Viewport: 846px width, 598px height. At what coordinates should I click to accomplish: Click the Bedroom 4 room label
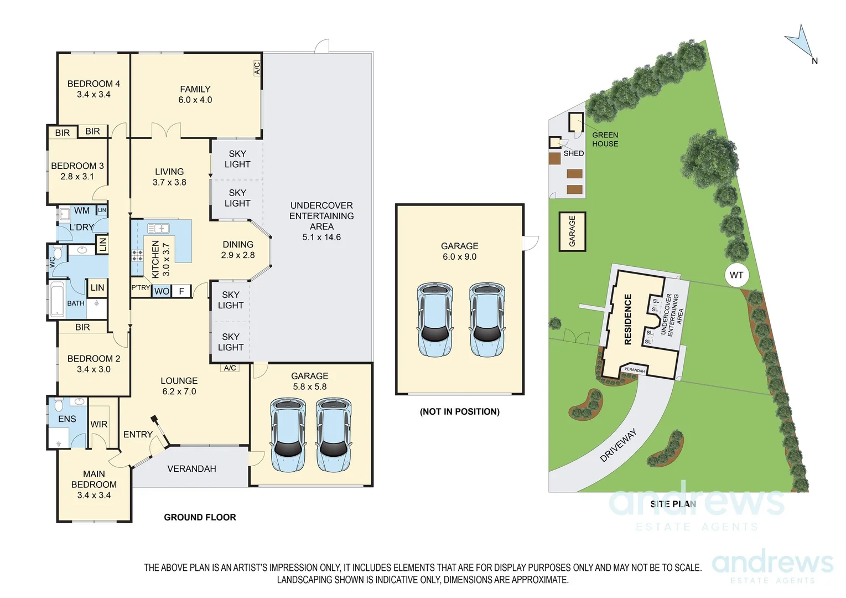[x=94, y=84]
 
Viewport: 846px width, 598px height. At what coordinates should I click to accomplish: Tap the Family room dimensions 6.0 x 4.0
[x=195, y=100]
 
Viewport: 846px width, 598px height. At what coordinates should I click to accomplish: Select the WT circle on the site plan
[x=736, y=275]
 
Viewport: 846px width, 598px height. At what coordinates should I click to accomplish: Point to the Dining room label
[x=238, y=244]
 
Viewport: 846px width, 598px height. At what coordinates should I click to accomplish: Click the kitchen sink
[x=158, y=228]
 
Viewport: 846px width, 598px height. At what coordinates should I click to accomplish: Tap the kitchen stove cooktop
[x=137, y=255]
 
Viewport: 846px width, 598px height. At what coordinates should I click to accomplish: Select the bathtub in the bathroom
[x=57, y=299]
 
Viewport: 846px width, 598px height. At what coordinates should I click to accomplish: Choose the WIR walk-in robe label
[x=99, y=424]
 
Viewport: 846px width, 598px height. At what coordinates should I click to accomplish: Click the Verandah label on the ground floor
[x=191, y=468]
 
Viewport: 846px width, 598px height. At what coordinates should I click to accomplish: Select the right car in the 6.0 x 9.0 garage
[x=487, y=319]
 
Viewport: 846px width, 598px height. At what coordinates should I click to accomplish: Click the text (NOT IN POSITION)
[x=459, y=411]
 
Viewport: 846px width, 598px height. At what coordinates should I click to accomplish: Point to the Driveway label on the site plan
[x=619, y=445]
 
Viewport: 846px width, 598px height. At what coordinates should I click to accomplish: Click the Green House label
[x=605, y=139]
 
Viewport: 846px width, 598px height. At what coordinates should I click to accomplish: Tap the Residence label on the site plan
[x=627, y=319]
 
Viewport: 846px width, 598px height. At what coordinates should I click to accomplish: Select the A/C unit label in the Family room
[x=257, y=68]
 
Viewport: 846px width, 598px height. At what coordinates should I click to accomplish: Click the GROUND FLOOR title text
[x=200, y=517]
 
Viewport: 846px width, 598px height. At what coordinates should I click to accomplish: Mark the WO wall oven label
[x=162, y=291]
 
